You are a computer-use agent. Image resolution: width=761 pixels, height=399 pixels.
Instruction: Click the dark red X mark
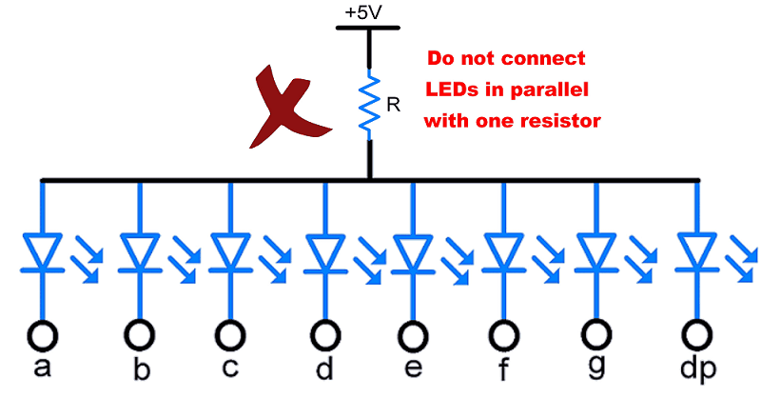[287, 108]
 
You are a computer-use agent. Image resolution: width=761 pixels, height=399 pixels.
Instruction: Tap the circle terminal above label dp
[695, 334]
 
